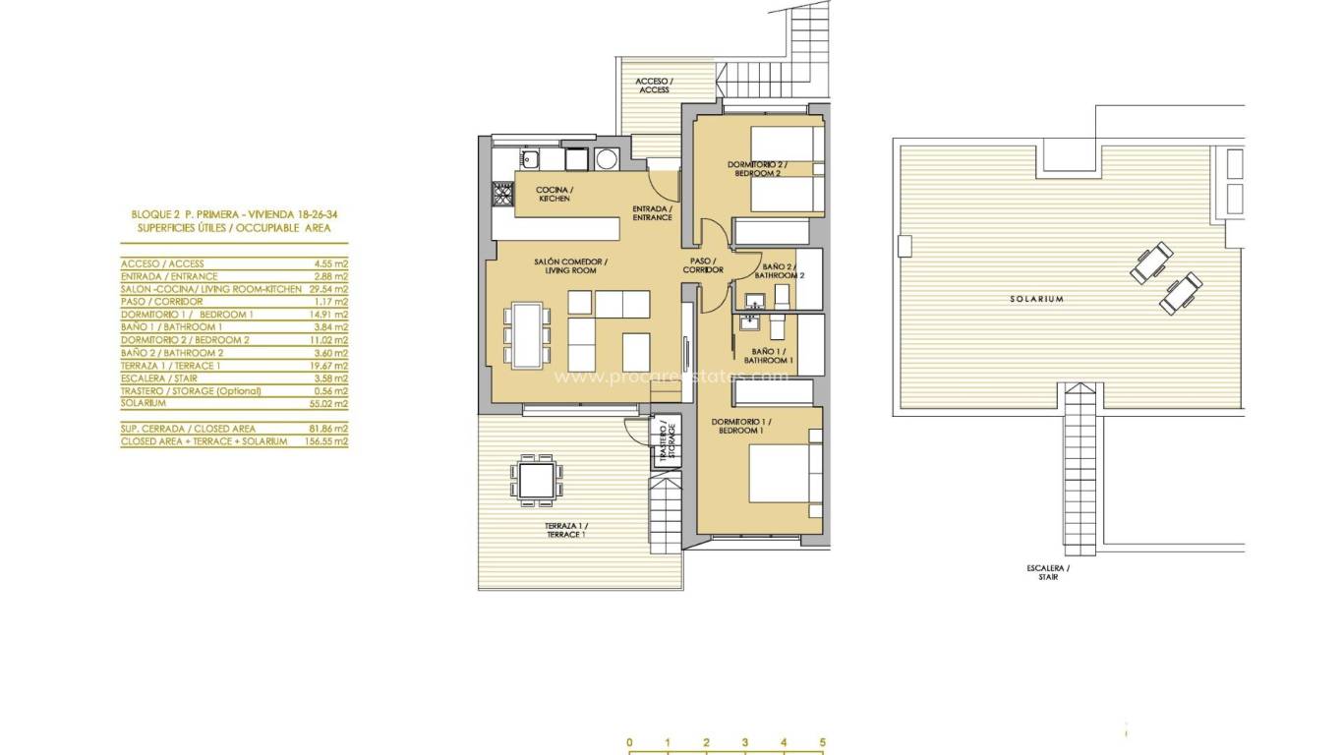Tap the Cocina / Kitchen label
[554, 194]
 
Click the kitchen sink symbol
[528, 158]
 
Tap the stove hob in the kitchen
[502, 199]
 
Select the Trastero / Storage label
[667, 441]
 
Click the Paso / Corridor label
[704, 265]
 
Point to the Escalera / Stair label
[1047, 572]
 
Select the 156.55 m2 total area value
[327, 441]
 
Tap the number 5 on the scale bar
[822, 742]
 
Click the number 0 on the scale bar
[629, 742]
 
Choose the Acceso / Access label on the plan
[654, 86]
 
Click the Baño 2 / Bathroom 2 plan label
[783, 270]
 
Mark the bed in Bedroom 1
[784, 476]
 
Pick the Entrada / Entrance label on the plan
[652, 212]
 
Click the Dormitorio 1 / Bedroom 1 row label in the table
[187, 314]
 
